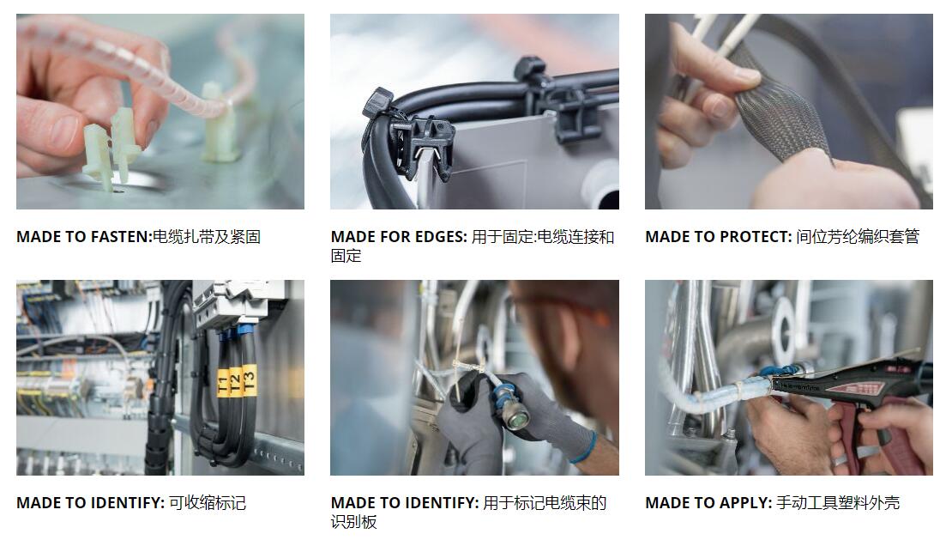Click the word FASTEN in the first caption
[x=119, y=237]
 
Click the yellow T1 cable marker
[x=222, y=384]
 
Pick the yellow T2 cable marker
[x=235, y=381]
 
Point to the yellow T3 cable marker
[x=249, y=379]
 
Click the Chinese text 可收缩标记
[x=207, y=503]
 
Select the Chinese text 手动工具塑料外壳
[x=838, y=503]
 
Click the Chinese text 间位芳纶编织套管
[x=858, y=237]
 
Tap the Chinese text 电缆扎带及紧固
[x=207, y=237]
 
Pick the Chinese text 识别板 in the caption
[x=353, y=522]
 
